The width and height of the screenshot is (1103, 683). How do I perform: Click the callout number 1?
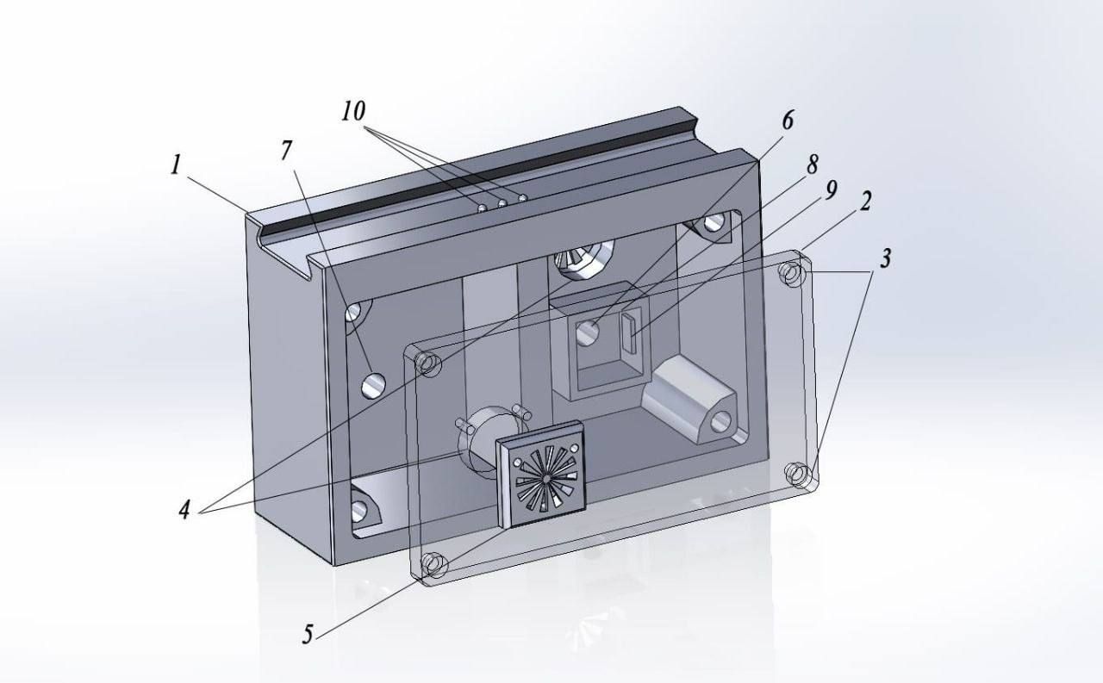coord(176,165)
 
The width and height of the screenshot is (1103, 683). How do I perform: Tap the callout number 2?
coord(864,202)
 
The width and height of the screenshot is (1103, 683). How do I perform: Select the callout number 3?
coord(885,258)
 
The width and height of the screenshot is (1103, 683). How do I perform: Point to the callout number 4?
coord(184,510)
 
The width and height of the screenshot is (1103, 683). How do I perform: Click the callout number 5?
coord(308,634)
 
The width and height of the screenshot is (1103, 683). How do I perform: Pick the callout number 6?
coord(788,120)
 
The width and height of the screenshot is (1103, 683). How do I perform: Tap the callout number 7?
coord(286,151)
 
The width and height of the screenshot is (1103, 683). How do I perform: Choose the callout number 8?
coord(813,165)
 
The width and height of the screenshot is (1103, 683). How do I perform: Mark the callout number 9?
coord(831,190)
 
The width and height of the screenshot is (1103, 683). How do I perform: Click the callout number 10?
coord(354,111)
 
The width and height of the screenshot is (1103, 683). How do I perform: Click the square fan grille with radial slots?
coord(540,475)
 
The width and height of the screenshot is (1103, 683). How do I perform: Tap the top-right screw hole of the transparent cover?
coord(791,274)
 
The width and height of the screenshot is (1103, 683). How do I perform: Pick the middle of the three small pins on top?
coord(502,202)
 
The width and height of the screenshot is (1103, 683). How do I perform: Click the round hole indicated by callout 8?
coord(588,332)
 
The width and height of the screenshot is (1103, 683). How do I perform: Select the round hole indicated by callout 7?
coord(373,385)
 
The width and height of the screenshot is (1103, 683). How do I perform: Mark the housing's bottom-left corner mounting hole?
coord(359,510)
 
